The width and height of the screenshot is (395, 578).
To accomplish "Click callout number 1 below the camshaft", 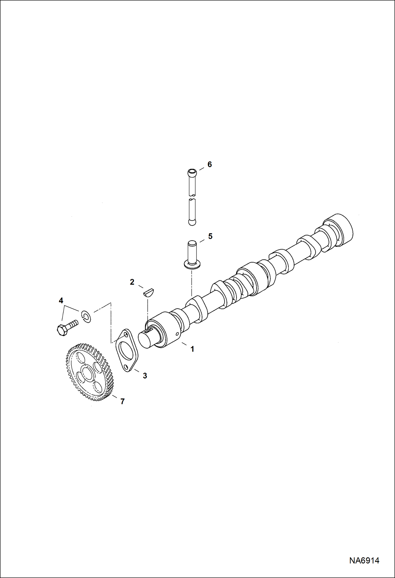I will click(x=192, y=349).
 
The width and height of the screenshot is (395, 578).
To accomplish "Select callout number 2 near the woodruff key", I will click(x=132, y=282).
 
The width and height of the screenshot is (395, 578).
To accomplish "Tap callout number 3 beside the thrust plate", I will click(x=145, y=376).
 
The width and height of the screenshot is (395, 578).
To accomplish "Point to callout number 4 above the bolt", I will click(x=61, y=300).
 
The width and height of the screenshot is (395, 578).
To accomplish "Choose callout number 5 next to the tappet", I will click(x=210, y=236).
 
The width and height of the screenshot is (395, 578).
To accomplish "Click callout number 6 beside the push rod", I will click(x=210, y=164).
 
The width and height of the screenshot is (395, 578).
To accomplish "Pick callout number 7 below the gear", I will click(x=122, y=401).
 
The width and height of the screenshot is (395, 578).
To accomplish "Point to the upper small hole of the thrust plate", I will click(x=126, y=335).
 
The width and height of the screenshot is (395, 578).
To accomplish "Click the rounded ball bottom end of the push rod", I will click(x=192, y=222).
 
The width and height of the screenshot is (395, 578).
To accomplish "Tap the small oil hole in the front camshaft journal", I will click(x=177, y=334).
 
